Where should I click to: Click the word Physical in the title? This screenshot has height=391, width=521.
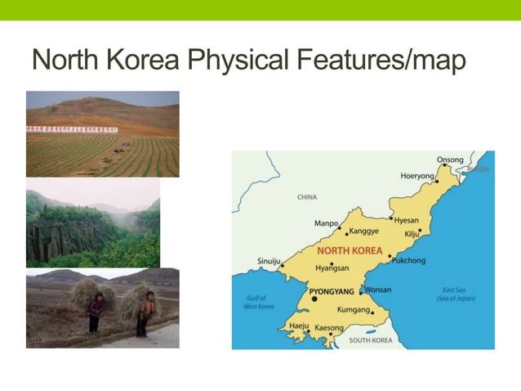click(x=242, y=61)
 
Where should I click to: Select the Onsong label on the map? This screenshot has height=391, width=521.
click(x=450, y=160)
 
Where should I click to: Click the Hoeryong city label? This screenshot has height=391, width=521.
click(x=417, y=176)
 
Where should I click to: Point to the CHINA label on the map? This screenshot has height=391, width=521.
click(x=307, y=197)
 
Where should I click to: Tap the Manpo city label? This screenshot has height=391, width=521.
click(x=326, y=222)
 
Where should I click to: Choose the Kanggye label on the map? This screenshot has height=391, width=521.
click(x=364, y=231)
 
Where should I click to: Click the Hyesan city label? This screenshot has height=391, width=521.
click(x=406, y=220)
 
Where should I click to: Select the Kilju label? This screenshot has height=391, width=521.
click(x=412, y=234)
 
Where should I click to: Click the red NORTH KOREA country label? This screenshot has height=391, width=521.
click(x=350, y=250)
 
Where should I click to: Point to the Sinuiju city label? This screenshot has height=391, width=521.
click(x=269, y=261)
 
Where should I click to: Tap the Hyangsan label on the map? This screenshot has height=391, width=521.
click(x=332, y=268)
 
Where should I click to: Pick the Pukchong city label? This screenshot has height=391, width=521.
click(x=409, y=260)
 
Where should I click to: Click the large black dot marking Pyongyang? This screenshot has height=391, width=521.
click(x=314, y=299)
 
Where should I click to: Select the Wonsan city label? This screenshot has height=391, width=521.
click(x=378, y=290)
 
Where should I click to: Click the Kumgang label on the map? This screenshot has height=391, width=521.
click(x=354, y=310)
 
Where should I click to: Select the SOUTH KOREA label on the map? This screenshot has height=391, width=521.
click(x=370, y=339)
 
